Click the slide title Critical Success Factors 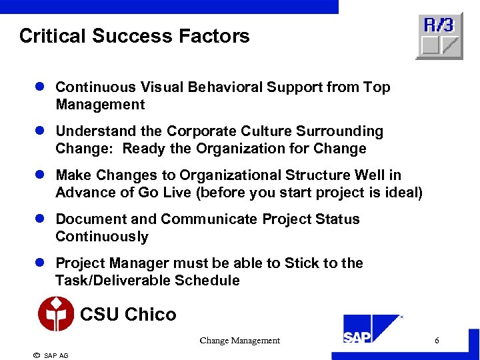[x=134, y=35]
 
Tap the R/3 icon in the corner [x=439, y=37]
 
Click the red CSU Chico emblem [x=56, y=315]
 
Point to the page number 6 [x=437, y=341]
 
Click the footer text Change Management [x=239, y=341]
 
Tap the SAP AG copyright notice [x=51, y=355]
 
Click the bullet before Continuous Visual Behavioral [x=40, y=87]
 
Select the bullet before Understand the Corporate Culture [x=40, y=131]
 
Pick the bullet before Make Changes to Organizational [x=40, y=175]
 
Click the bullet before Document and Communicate [x=40, y=219]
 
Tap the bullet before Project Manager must [x=40, y=263]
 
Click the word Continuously [x=102, y=237]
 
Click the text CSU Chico [x=128, y=314]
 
